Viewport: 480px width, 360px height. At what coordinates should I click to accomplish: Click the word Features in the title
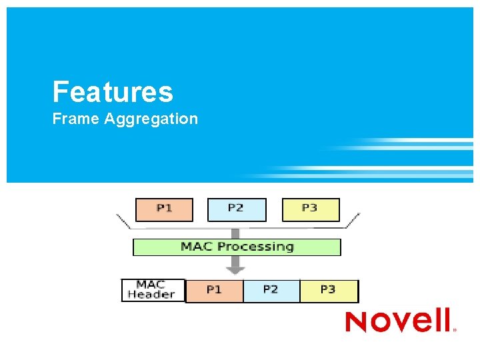click(113, 92)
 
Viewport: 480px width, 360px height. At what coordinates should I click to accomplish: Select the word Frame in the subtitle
click(75, 119)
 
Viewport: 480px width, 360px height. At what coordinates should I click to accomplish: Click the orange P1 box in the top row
click(164, 209)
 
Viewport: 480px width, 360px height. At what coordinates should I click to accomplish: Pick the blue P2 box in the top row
click(237, 209)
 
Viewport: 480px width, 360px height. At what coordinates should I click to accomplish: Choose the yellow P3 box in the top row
click(311, 209)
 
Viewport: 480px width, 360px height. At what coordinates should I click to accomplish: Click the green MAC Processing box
click(237, 247)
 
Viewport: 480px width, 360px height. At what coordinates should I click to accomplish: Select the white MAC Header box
click(153, 290)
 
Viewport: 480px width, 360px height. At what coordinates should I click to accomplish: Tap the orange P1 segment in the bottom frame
click(214, 291)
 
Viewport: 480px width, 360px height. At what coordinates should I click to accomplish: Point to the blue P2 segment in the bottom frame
click(271, 291)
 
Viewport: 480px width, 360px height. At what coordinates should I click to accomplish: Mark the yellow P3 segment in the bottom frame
click(328, 291)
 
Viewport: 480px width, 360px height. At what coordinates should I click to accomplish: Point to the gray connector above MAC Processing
click(235, 233)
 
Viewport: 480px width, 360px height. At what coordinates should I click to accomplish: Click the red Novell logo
click(399, 321)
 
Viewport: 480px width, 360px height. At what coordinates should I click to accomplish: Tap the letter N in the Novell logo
click(357, 321)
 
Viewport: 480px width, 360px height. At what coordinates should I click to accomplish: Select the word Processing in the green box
click(256, 247)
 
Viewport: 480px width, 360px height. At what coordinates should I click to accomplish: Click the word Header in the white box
click(151, 295)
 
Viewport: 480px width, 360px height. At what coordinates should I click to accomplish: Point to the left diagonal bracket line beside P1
click(123, 221)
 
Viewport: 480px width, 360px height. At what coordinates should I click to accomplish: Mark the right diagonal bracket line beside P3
click(351, 221)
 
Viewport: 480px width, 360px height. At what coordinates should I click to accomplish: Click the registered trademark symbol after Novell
click(455, 329)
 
